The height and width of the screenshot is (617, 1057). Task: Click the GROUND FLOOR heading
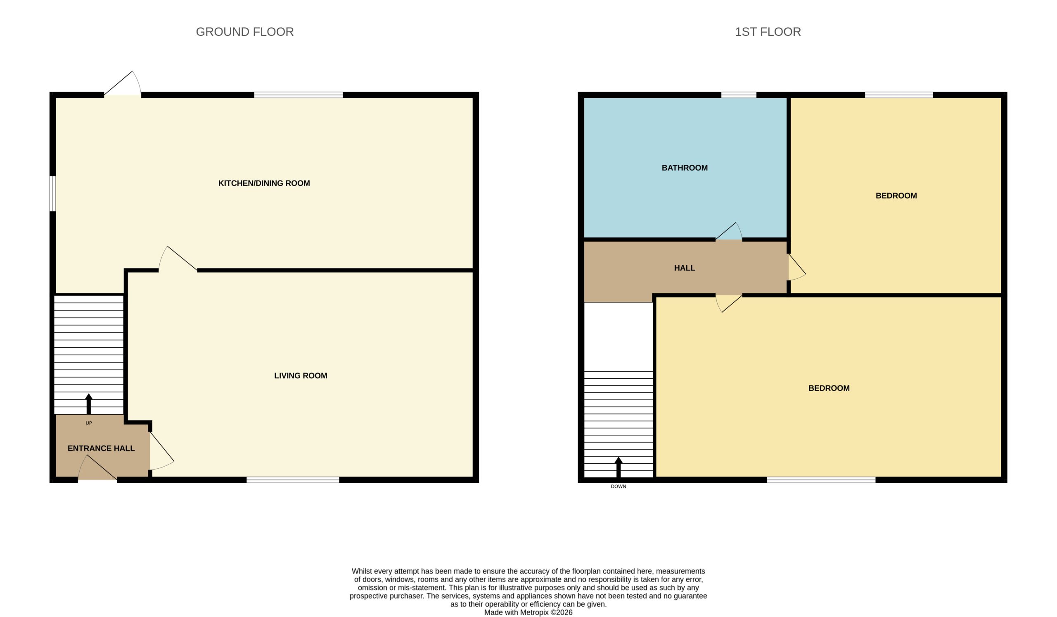pyautogui.click(x=244, y=32)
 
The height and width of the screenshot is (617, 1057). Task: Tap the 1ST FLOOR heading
pyautogui.click(x=768, y=32)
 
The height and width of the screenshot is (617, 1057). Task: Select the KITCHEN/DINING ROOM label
pyautogui.click(x=264, y=183)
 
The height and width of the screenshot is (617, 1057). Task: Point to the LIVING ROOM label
pyautogui.click(x=300, y=376)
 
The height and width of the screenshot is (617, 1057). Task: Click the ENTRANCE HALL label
pyautogui.click(x=101, y=449)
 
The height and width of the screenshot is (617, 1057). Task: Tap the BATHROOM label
pyautogui.click(x=685, y=168)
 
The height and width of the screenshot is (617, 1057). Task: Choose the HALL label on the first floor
pyautogui.click(x=685, y=268)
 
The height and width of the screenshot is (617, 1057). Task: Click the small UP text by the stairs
pyautogui.click(x=88, y=423)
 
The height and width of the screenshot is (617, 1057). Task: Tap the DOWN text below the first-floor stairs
pyautogui.click(x=618, y=486)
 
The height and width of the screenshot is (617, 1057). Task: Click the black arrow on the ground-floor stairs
pyautogui.click(x=88, y=404)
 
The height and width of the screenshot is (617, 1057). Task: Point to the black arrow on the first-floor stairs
pyautogui.click(x=618, y=467)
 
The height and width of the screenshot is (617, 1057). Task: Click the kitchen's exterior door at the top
pyautogui.click(x=123, y=84)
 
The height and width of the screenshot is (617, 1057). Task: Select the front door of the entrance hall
pyautogui.click(x=97, y=468)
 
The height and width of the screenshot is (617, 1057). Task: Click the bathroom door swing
pyautogui.click(x=729, y=231)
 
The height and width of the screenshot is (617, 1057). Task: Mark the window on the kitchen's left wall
pyautogui.click(x=52, y=193)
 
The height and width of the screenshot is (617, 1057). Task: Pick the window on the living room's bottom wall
pyautogui.click(x=293, y=480)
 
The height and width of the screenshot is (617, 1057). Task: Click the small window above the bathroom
pyautogui.click(x=739, y=95)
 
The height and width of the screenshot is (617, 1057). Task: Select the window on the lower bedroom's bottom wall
pyautogui.click(x=821, y=480)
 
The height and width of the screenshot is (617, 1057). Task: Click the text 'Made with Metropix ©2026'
pyautogui.click(x=528, y=612)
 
